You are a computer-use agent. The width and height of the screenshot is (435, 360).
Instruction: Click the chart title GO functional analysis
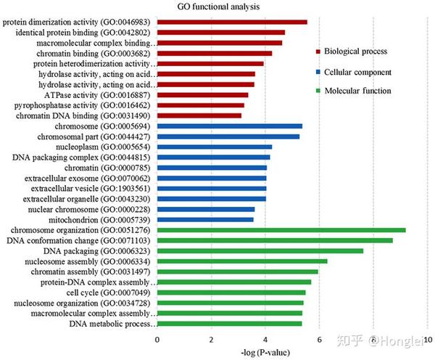(218, 7)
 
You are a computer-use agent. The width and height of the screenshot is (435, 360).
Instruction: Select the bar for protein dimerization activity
(232, 22)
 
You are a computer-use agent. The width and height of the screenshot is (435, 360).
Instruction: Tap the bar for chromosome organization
(281, 230)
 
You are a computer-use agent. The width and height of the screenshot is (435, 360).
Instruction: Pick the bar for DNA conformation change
(275, 240)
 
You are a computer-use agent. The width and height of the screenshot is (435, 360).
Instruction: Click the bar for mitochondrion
(205, 220)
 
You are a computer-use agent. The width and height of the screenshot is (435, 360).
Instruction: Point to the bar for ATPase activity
(203, 95)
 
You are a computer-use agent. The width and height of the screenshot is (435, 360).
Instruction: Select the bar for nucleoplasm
(215, 147)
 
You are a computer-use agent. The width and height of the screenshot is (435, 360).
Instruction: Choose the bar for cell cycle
(231, 292)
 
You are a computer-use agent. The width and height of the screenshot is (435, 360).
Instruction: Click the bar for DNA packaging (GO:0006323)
(260, 251)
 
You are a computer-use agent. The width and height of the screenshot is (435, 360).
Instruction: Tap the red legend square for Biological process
(318, 52)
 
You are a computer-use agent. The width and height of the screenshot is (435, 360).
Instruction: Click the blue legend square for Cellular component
(318, 73)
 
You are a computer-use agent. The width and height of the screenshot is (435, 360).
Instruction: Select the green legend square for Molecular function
(318, 91)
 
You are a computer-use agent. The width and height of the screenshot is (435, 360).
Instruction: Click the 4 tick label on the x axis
(265, 340)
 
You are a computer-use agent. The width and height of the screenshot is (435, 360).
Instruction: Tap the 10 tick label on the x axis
(428, 340)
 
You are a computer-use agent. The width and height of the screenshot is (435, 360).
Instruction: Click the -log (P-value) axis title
(265, 353)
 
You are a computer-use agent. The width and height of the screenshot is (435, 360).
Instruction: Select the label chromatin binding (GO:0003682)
(94, 53)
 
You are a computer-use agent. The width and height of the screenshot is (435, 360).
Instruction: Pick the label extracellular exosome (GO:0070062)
(87, 179)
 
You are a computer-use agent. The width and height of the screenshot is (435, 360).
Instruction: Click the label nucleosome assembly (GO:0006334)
(88, 261)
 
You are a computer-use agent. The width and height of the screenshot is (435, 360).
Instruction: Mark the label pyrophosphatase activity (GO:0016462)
(82, 105)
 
